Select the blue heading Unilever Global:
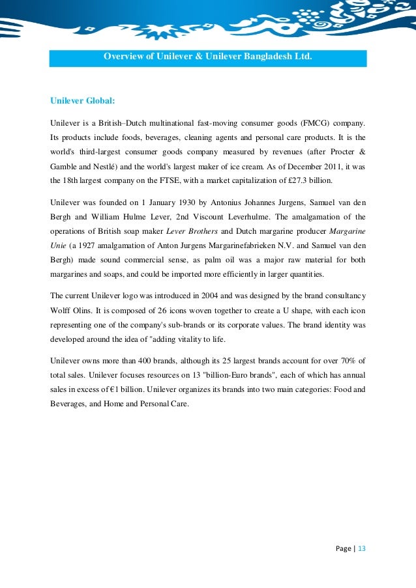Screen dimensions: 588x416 [x=83, y=101]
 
